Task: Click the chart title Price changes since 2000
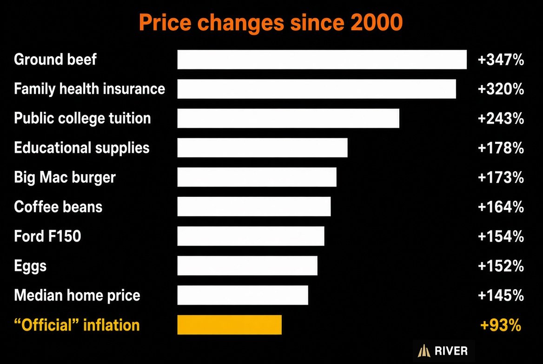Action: tap(271, 23)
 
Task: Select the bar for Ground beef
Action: tap(322, 59)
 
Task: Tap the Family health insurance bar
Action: tap(317, 89)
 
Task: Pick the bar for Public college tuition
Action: tap(288, 118)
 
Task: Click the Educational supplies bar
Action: tap(263, 148)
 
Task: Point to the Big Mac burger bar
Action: tap(257, 177)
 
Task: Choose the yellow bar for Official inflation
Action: tap(230, 325)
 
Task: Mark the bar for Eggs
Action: tap(247, 266)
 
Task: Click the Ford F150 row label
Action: tap(47, 236)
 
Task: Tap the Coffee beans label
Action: tap(58, 207)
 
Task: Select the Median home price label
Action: tap(77, 295)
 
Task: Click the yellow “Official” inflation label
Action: tap(77, 325)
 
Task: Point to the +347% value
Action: tap(501, 60)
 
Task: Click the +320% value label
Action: tap(501, 89)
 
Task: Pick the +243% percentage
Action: tap(501, 119)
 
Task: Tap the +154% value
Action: tap(501, 237)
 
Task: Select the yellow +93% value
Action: tap(501, 325)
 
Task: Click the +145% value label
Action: tap(501, 295)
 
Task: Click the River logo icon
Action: tap(424, 351)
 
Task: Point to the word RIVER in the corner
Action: tap(451, 351)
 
